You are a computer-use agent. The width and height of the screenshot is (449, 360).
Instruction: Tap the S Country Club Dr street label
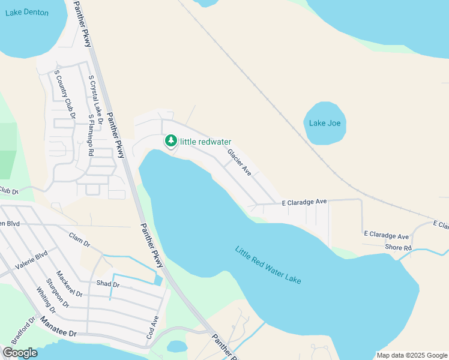click(65, 94)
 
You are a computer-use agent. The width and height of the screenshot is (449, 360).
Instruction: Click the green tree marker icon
click(171, 141)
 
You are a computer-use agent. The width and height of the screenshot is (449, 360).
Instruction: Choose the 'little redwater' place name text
click(206, 142)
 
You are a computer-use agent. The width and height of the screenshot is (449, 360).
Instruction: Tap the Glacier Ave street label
click(240, 163)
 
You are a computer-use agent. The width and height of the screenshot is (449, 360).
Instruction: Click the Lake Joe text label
click(325, 123)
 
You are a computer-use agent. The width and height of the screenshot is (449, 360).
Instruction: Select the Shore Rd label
click(398, 248)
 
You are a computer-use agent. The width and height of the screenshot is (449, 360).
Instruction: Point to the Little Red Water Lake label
click(268, 265)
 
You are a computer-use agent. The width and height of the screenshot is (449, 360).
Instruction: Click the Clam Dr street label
click(79, 239)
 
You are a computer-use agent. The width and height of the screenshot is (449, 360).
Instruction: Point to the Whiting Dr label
click(46, 301)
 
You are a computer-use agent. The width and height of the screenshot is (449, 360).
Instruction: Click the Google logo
click(20, 353)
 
